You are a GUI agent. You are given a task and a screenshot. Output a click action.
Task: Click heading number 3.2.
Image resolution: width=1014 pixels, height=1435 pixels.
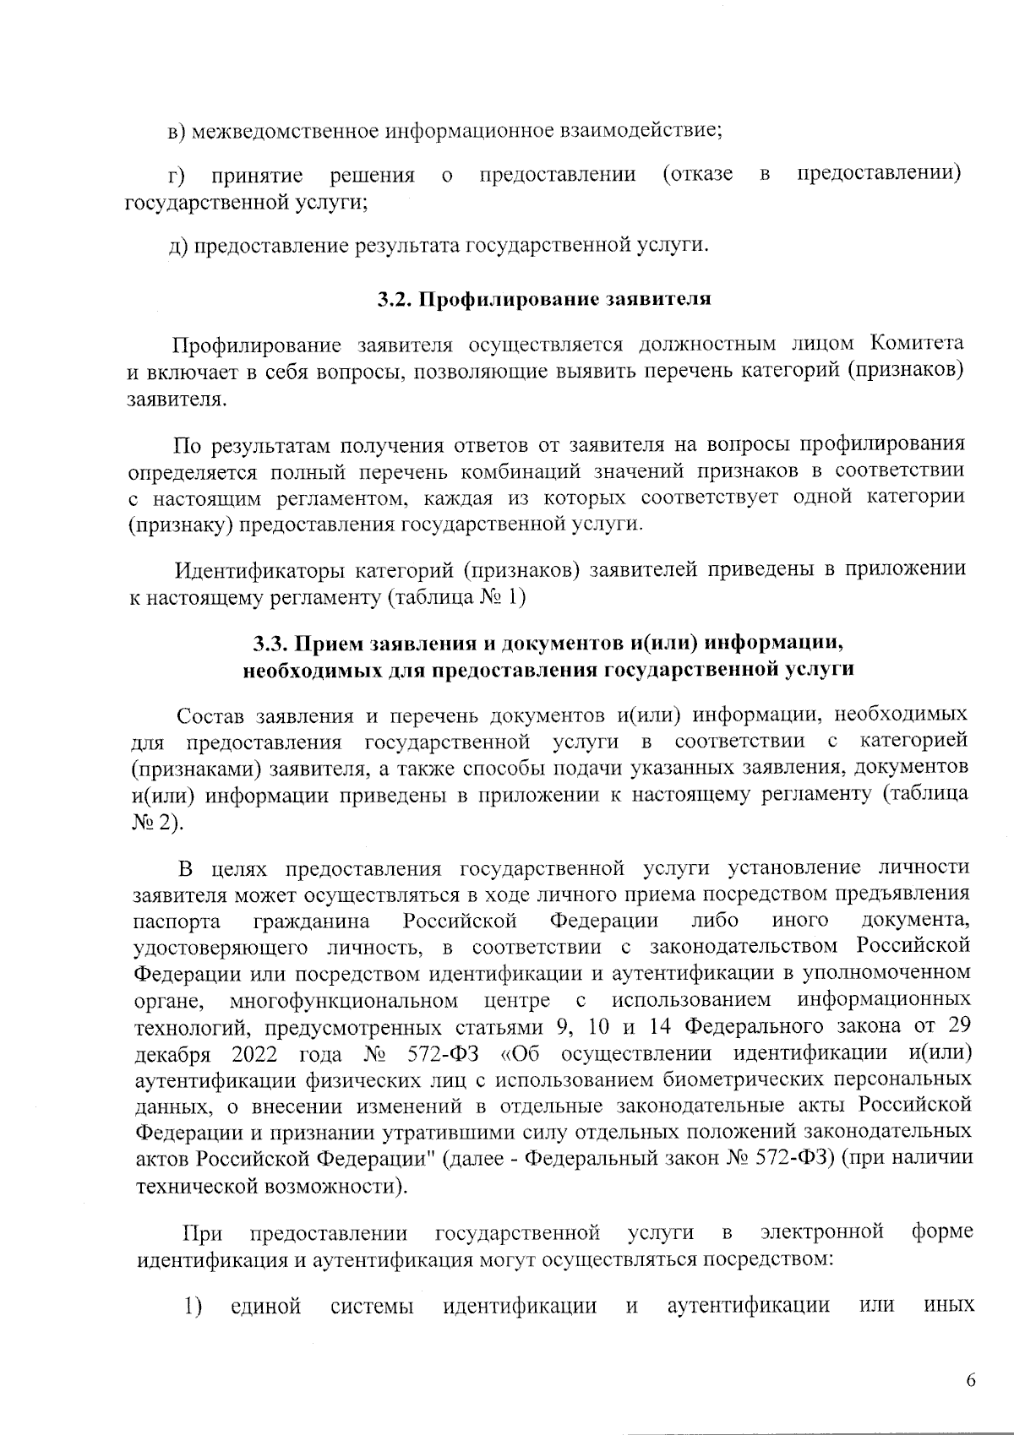coord(394,299)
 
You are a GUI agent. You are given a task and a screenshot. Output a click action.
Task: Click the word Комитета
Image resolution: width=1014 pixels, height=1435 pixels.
coord(917,345)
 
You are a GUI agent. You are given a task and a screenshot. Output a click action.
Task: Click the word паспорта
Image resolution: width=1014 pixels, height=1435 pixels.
coord(177,920)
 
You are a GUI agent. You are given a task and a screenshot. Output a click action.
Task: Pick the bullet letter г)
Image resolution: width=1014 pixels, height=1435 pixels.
coord(177,176)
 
